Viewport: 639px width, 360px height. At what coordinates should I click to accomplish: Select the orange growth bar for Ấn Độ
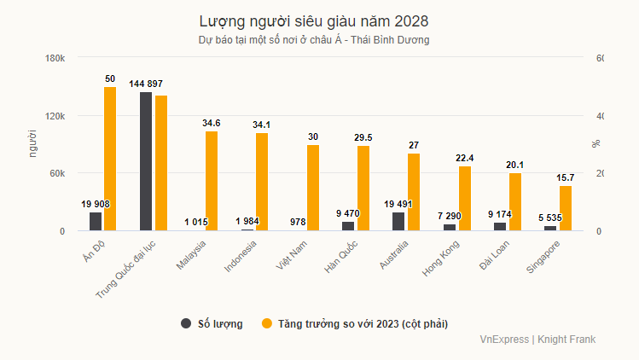[x=110, y=159]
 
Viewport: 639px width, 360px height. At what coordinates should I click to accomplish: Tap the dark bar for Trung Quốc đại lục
[x=146, y=161]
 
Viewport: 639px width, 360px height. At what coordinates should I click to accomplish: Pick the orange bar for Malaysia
[x=211, y=181]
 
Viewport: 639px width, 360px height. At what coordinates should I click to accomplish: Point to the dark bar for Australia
[x=398, y=222]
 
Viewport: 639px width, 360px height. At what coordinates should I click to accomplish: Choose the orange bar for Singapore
[x=565, y=208]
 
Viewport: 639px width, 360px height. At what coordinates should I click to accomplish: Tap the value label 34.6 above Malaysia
[x=211, y=124]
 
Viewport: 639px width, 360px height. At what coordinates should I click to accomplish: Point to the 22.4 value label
[x=464, y=159]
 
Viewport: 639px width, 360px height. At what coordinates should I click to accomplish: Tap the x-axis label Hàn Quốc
[x=340, y=254]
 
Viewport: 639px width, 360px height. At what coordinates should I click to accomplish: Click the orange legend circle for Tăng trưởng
[x=266, y=324]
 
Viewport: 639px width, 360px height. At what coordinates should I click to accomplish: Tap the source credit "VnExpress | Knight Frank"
[x=537, y=340]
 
